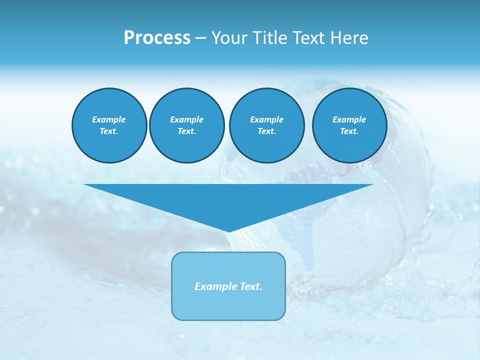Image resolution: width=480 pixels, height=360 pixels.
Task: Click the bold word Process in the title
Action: tap(157, 38)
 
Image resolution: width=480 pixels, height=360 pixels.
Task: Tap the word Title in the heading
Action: tap(268, 38)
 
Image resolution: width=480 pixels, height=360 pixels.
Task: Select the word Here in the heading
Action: tap(349, 38)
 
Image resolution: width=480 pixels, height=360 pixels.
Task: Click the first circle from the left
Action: tap(109, 125)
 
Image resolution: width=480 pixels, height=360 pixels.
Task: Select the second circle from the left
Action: tap(186, 125)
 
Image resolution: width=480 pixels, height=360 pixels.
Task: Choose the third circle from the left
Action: tap(266, 125)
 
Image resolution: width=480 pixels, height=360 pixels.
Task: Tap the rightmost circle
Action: tap(349, 125)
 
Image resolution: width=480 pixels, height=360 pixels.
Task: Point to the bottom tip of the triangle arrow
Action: tap(229, 231)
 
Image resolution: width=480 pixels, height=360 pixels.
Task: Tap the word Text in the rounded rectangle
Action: tap(251, 286)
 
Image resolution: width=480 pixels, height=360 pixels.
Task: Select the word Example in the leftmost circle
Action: tap(109, 119)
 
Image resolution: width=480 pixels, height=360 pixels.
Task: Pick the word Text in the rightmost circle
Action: tap(349, 131)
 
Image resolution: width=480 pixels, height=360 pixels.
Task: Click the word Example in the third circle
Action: tap(266, 119)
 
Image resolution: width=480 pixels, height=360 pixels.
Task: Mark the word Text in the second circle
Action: tap(186, 131)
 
